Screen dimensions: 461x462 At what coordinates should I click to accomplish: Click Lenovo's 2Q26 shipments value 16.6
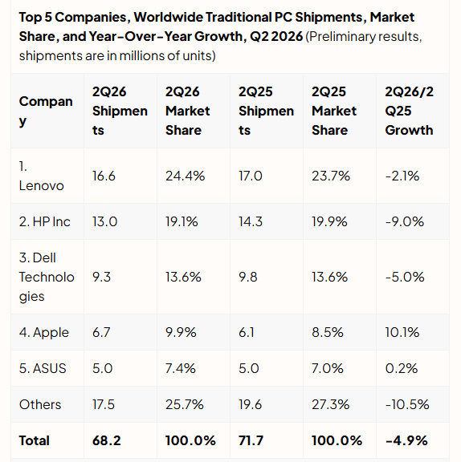pos(104,176)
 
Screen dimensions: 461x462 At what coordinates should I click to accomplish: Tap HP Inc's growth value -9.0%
pos(405,221)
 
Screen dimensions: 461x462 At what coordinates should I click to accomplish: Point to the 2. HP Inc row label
pos(45,221)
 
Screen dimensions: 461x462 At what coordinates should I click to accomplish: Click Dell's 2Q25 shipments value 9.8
pos(248,277)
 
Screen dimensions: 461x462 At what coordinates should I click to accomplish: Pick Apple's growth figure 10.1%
pos(402,332)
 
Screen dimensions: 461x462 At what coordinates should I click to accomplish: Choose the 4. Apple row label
pos(44,333)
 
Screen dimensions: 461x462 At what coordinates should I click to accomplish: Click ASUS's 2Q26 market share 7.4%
pos(181,368)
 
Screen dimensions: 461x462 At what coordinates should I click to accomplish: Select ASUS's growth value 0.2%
pos(402,368)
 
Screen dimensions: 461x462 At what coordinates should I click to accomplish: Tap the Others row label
pos(40,404)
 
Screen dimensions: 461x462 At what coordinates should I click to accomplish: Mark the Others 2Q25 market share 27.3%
pos(331,404)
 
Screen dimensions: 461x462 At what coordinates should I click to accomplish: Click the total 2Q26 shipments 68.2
pos(107,441)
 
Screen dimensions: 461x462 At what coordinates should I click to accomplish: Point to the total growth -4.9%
pos(406,441)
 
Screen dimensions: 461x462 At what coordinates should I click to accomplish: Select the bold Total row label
pos(35,441)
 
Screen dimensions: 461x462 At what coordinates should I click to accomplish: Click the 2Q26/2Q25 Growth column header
pos(410,111)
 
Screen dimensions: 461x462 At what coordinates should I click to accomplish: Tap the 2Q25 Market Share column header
pos(334,111)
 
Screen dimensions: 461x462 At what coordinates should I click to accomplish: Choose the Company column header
pos(46,111)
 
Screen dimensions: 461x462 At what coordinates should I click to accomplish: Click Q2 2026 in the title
pos(276,37)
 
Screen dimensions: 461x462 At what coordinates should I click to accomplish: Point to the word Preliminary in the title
pos(341,37)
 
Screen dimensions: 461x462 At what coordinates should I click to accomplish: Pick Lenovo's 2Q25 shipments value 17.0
pos(251,176)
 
